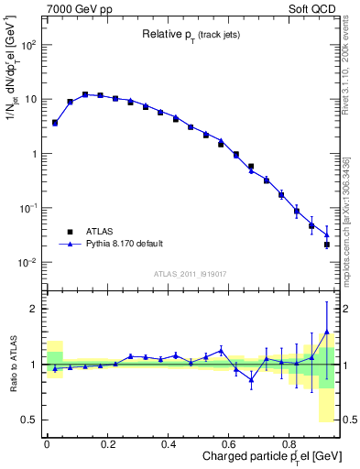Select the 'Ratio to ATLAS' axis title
(x=12, y=364)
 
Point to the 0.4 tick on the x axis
(x=168, y=444)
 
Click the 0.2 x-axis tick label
(x=107, y=444)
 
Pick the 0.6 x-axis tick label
(x=228, y=444)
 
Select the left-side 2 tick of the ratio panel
(x=35, y=309)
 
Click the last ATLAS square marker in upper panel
(x=327, y=245)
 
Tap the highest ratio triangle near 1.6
(x=327, y=333)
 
